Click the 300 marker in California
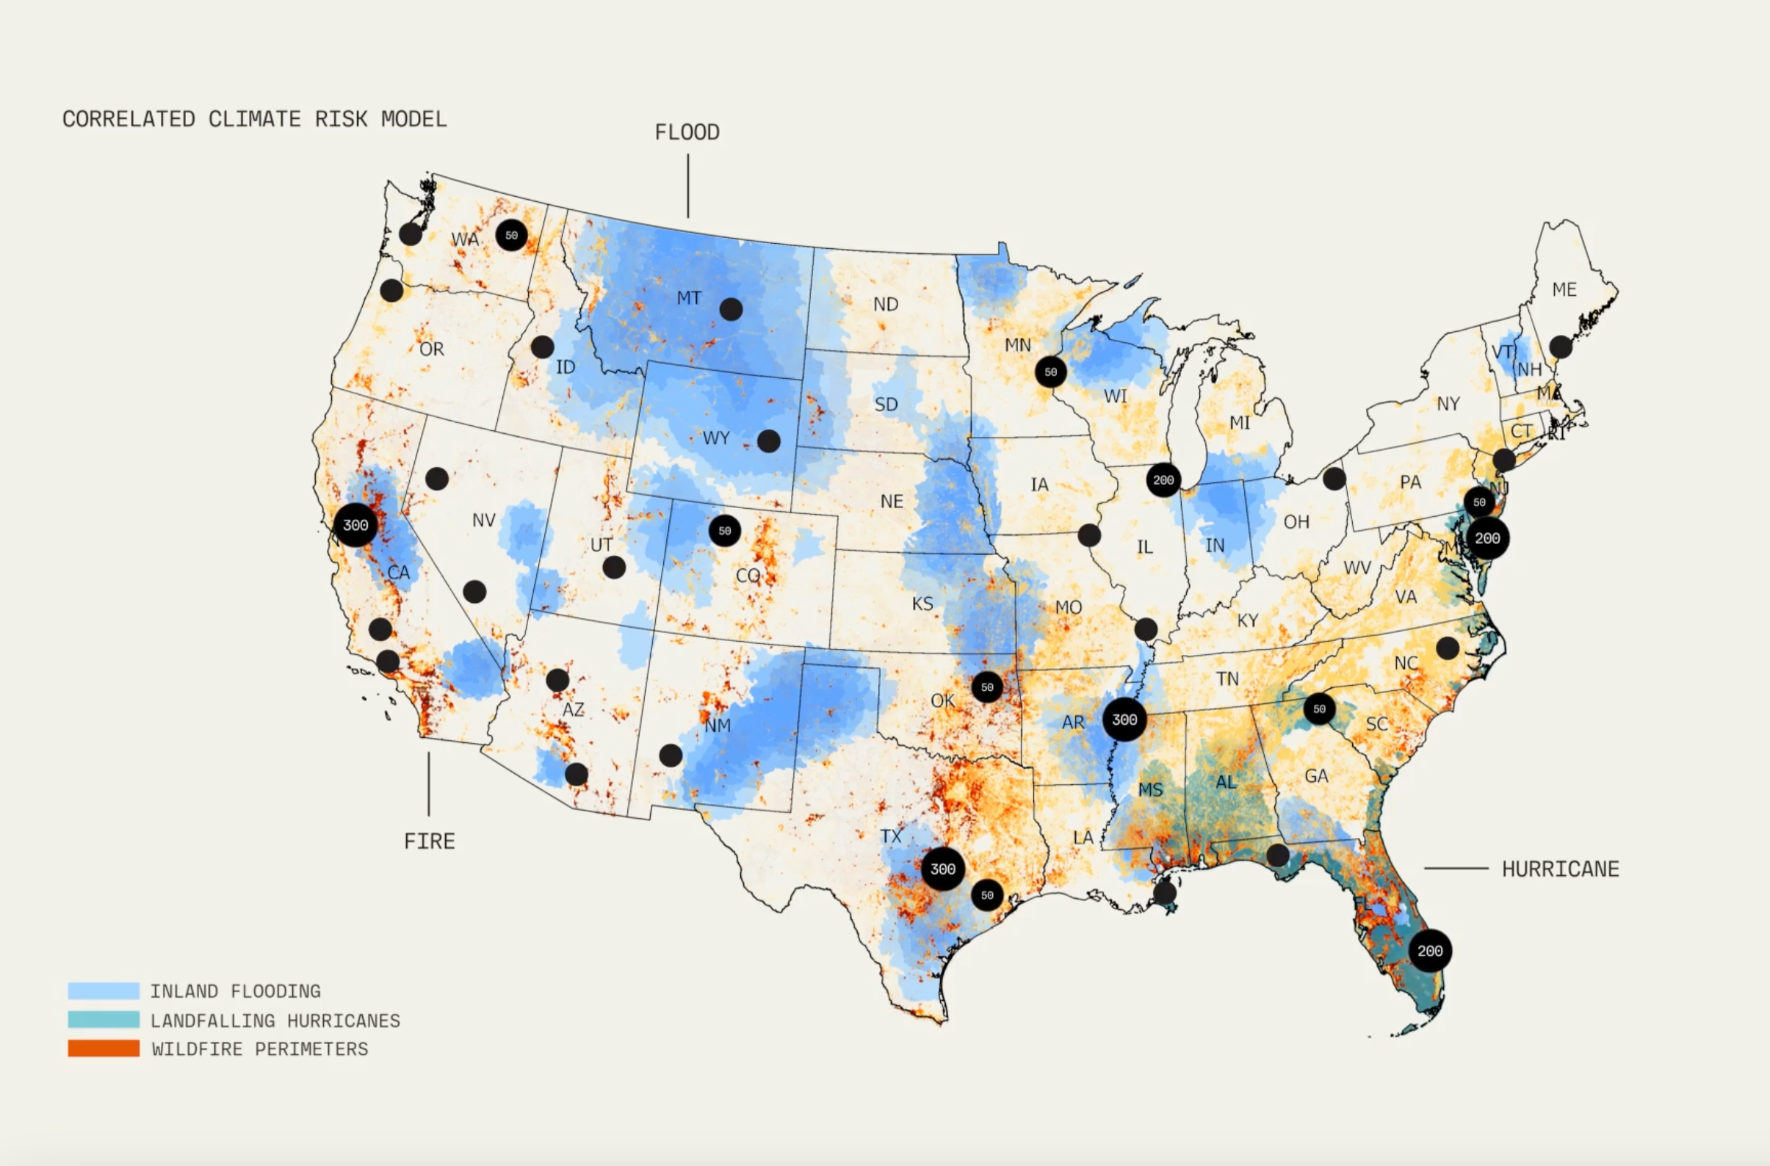[355, 525]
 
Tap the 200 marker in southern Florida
[1429, 950]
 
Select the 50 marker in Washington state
[511, 235]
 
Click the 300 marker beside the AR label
[1124, 719]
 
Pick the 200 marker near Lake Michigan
[1163, 480]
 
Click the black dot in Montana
[730, 308]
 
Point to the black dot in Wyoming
[768, 441]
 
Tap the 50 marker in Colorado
[724, 531]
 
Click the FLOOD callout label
[687, 132]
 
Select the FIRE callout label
[429, 841]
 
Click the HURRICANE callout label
[1559, 869]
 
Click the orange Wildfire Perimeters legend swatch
[104, 1049]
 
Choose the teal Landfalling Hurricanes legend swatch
[104, 1019]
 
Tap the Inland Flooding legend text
[235, 991]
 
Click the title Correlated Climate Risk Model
[254, 119]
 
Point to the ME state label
[1564, 289]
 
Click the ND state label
[885, 304]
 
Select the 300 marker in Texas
[942, 869]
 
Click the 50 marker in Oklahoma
[987, 687]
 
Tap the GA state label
[1315, 775]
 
